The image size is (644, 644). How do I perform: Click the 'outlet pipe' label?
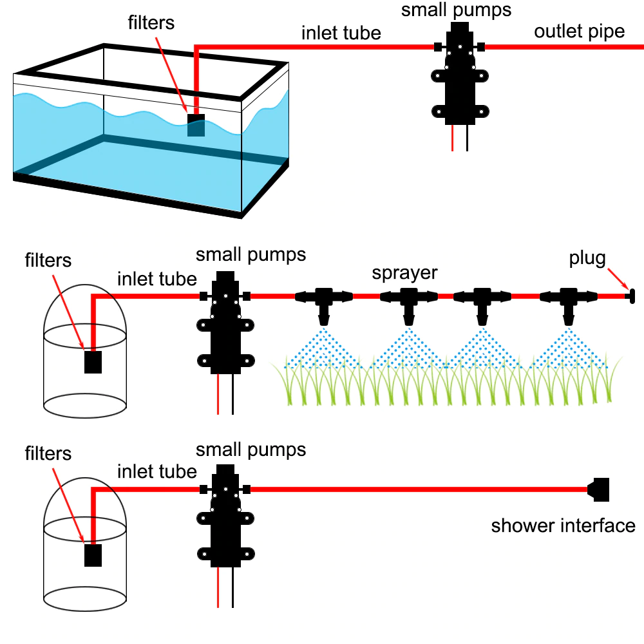point(580,32)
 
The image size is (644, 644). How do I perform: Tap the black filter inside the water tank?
point(196,125)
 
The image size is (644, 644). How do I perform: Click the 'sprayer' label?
point(404,273)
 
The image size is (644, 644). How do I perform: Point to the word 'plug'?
point(587,259)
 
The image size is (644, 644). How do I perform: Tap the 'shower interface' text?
point(563,526)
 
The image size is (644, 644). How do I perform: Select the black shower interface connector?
point(600,489)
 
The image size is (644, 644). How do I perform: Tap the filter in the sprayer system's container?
point(94,362)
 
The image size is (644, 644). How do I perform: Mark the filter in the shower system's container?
point(94,555)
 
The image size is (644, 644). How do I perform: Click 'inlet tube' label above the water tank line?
point(341,33)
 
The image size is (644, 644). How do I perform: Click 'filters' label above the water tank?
point(151,23)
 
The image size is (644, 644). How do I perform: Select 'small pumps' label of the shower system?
point(251,449)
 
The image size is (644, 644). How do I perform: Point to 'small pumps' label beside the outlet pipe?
point(457,10)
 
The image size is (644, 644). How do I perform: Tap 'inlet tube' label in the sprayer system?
point(156,279)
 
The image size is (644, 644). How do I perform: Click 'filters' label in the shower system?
point(48,454)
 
